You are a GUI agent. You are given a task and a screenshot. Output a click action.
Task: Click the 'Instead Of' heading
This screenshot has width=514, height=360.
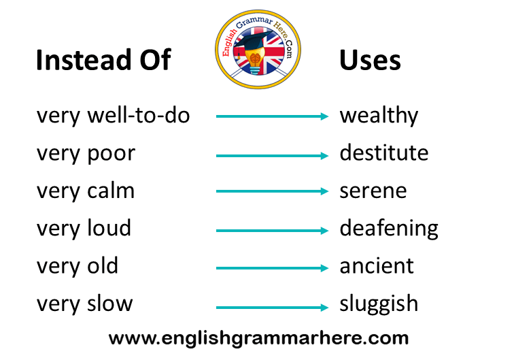(103, 60)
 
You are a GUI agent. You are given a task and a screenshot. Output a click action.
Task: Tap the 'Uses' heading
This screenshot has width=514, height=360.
(370, 61)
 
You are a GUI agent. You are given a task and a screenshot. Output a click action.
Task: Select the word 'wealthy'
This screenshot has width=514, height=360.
(379, 116)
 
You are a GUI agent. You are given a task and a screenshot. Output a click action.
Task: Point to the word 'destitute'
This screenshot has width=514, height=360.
(384, 152)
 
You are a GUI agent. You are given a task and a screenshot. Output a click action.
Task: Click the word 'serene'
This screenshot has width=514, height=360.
(373, 191)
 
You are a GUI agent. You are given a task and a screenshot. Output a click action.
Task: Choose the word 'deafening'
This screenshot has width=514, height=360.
(389, 229)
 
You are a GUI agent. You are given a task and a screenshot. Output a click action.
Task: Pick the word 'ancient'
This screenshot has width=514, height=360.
(377, 266)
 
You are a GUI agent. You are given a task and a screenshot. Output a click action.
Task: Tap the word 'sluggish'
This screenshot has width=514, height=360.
(379, 304)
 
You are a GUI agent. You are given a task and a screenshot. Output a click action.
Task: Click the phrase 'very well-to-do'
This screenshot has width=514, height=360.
(113, 116)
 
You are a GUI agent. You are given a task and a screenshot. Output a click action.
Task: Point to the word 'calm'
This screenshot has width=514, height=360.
(111, 191)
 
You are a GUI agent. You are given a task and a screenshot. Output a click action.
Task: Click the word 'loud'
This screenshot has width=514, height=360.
(109, 228)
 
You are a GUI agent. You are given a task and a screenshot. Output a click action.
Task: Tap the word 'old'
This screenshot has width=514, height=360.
(103, 265)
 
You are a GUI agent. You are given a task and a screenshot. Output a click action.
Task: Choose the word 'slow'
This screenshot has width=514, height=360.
(110, 303)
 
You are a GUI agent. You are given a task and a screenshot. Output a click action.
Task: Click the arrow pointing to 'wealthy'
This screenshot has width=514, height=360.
(272, 116)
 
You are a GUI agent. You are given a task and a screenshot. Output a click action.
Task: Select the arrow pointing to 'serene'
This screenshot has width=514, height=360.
(272, 191)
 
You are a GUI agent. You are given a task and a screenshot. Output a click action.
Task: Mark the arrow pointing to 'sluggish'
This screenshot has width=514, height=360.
(272, 308)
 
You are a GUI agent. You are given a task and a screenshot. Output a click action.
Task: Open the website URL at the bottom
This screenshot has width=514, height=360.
(258, 338)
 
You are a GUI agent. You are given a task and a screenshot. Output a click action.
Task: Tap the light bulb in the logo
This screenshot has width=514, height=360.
(255, 61)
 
